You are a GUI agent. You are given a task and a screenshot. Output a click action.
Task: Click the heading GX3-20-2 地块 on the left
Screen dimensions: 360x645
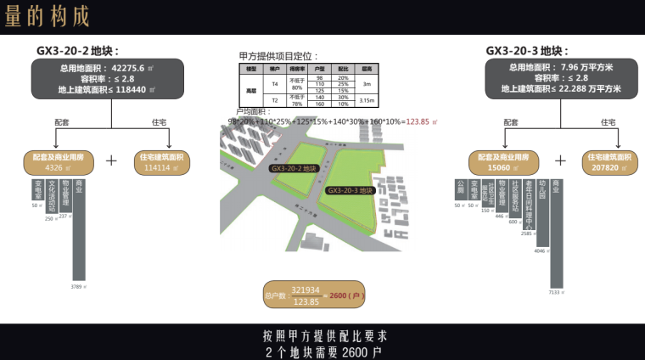tap(77, 51)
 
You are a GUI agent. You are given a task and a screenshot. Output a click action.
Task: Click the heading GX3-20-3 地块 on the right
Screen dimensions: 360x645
tap(527, 51)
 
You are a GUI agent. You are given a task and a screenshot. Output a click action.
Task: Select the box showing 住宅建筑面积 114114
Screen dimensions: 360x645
tap(170, 162)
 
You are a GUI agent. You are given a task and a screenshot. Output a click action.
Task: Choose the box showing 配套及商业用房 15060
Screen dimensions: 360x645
tap(505, 162)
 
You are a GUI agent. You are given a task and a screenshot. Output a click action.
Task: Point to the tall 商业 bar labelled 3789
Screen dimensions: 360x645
tap(79, 229)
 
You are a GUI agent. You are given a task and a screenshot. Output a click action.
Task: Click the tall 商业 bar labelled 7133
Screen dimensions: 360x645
tap(557, 233)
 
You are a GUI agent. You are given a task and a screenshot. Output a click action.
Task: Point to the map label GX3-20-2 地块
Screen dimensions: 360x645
tap(294, 168)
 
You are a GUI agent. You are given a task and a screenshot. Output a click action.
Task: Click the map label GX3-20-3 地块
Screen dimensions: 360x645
tap(350, 190)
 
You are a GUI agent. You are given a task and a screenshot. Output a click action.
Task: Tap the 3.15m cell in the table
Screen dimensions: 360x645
tap(367, 101)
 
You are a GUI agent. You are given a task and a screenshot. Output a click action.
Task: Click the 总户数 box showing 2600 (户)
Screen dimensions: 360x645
tap(314, 295)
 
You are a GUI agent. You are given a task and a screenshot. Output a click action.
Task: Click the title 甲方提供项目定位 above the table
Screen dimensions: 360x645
tap(279, 56)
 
